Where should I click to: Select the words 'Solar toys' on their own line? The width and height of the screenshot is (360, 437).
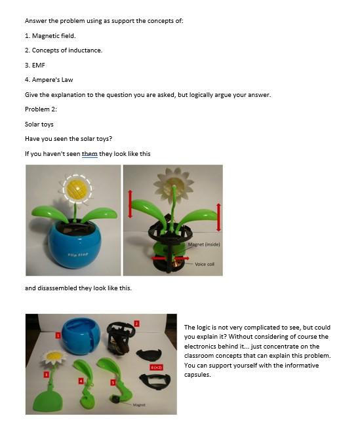[39, 124]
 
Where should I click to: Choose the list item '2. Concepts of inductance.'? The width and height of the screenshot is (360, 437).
[64, 50]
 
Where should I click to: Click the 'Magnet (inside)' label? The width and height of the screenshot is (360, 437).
[203, 244]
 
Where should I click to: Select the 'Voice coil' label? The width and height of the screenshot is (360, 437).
[205, 265]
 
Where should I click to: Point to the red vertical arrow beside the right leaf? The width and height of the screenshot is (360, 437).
[218, 217]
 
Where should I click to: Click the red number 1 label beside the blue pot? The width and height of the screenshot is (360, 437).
[58, 335]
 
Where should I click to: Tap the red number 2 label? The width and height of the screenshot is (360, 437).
[136, 323]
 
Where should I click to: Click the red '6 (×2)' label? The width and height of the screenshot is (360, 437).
[157, 368]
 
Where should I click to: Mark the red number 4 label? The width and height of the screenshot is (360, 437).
[81, 381]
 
